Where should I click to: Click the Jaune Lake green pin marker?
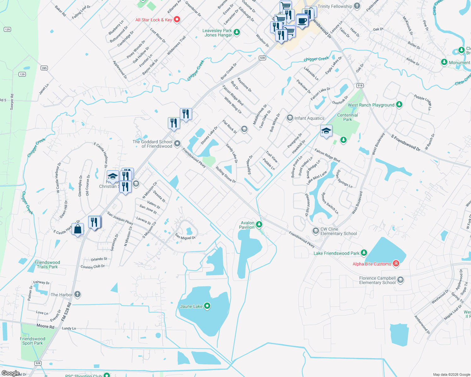[x=207, y=306]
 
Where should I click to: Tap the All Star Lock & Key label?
[x=154, y=20]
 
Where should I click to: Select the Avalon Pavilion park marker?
[x=259, y=224]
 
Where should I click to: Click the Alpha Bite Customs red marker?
[x=396, y=264]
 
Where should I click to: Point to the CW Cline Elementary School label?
[x=338, y=232]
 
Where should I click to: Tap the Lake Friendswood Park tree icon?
[x=364, y=253]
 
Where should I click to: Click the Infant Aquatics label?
[x=309, y=118]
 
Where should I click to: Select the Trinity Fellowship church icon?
[x=357, y=6]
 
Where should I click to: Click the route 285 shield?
[x=44, y=68]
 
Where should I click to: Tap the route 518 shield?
[x=360, y=85]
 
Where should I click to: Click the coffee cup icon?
[x=302, y=21]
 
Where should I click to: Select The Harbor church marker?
[x=77, y=294]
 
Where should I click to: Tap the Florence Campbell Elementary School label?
[x=377, y=280]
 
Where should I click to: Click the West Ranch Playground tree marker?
[x=399, y=104]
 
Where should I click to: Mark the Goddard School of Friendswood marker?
[x=177, y=144]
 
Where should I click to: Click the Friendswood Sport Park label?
[x=32, y=341]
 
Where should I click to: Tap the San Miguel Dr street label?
[x=185, y=236]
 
